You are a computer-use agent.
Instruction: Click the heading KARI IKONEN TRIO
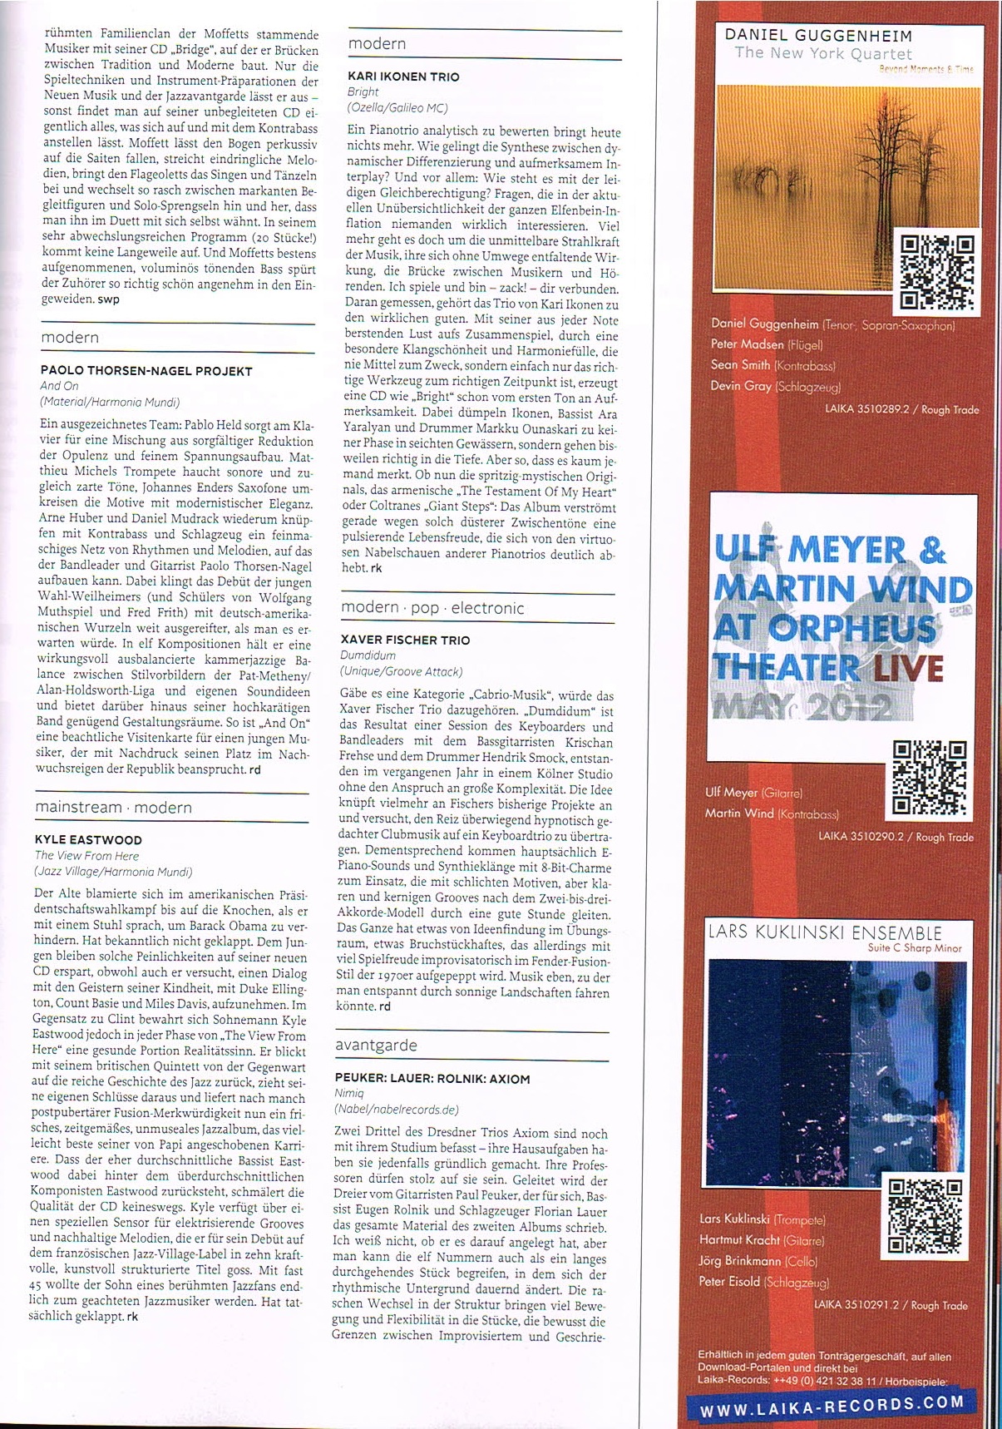[402, 77]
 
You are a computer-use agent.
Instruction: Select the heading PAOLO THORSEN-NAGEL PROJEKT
[146, 371]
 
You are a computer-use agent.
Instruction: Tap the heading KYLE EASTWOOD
[88, 840]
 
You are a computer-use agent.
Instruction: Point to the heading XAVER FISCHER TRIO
[405, 640]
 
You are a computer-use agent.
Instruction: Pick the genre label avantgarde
[376, 1045]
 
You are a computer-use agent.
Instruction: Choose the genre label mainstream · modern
[113, 807]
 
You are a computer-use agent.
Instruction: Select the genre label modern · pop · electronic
[432, 607]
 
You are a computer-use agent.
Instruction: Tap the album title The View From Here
[86, 856]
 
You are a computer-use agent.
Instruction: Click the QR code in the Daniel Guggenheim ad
[936, 272]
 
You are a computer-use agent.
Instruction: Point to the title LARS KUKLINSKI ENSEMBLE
[824, 932]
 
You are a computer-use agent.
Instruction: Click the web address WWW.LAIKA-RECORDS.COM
[832, 1405]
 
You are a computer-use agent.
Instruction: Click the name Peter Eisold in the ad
[729, 1282]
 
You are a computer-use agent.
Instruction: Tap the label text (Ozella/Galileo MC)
[397, 108]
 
